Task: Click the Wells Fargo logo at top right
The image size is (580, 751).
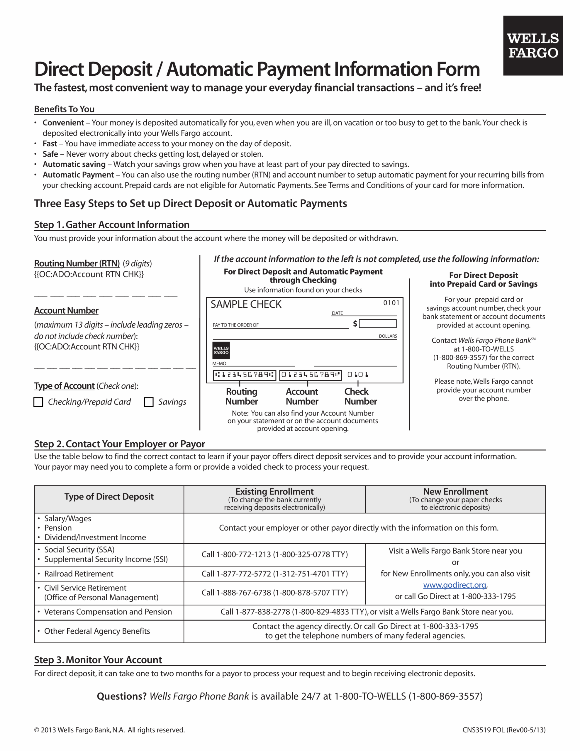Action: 532,45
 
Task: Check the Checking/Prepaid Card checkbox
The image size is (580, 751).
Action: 38,402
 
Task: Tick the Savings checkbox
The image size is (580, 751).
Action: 149,402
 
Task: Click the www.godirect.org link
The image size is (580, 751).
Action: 454,585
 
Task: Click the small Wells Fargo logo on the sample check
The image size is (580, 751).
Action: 221,350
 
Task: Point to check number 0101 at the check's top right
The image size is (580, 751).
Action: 391,303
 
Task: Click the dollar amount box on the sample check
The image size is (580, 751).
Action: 377,324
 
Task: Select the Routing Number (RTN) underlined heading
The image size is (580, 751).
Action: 77,263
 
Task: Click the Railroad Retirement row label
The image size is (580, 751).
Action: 79,574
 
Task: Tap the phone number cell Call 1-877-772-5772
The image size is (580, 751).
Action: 274,574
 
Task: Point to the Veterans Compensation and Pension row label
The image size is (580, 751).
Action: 108,612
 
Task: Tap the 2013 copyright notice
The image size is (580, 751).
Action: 109,730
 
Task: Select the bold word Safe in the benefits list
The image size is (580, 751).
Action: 50,154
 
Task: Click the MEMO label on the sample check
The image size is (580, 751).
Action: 219,363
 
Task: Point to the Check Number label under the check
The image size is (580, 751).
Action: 360,397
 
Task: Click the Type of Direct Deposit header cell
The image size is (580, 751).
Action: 109,497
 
